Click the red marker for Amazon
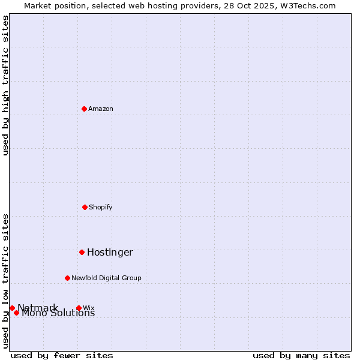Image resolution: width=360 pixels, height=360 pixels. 84,109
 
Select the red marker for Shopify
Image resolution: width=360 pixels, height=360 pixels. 85,207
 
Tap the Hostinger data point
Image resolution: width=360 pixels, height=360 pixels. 82,252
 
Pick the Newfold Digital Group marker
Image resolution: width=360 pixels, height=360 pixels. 67,278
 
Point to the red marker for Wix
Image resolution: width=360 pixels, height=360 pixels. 79,308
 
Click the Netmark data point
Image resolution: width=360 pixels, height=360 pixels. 12,308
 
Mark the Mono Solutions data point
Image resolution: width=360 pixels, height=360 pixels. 16,313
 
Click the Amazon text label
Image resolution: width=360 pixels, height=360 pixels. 101,109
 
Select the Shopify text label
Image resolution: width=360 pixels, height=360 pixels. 101,207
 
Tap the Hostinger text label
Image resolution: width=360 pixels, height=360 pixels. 110,252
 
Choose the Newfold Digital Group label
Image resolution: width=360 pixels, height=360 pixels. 106,278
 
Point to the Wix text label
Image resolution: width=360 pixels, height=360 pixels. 89,308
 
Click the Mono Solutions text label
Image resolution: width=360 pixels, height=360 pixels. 58,313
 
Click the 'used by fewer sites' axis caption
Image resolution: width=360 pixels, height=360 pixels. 62,355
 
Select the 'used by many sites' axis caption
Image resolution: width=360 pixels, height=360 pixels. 301,355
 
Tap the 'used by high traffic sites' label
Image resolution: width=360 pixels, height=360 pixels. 5,85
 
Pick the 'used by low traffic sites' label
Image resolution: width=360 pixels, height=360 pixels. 5,281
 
